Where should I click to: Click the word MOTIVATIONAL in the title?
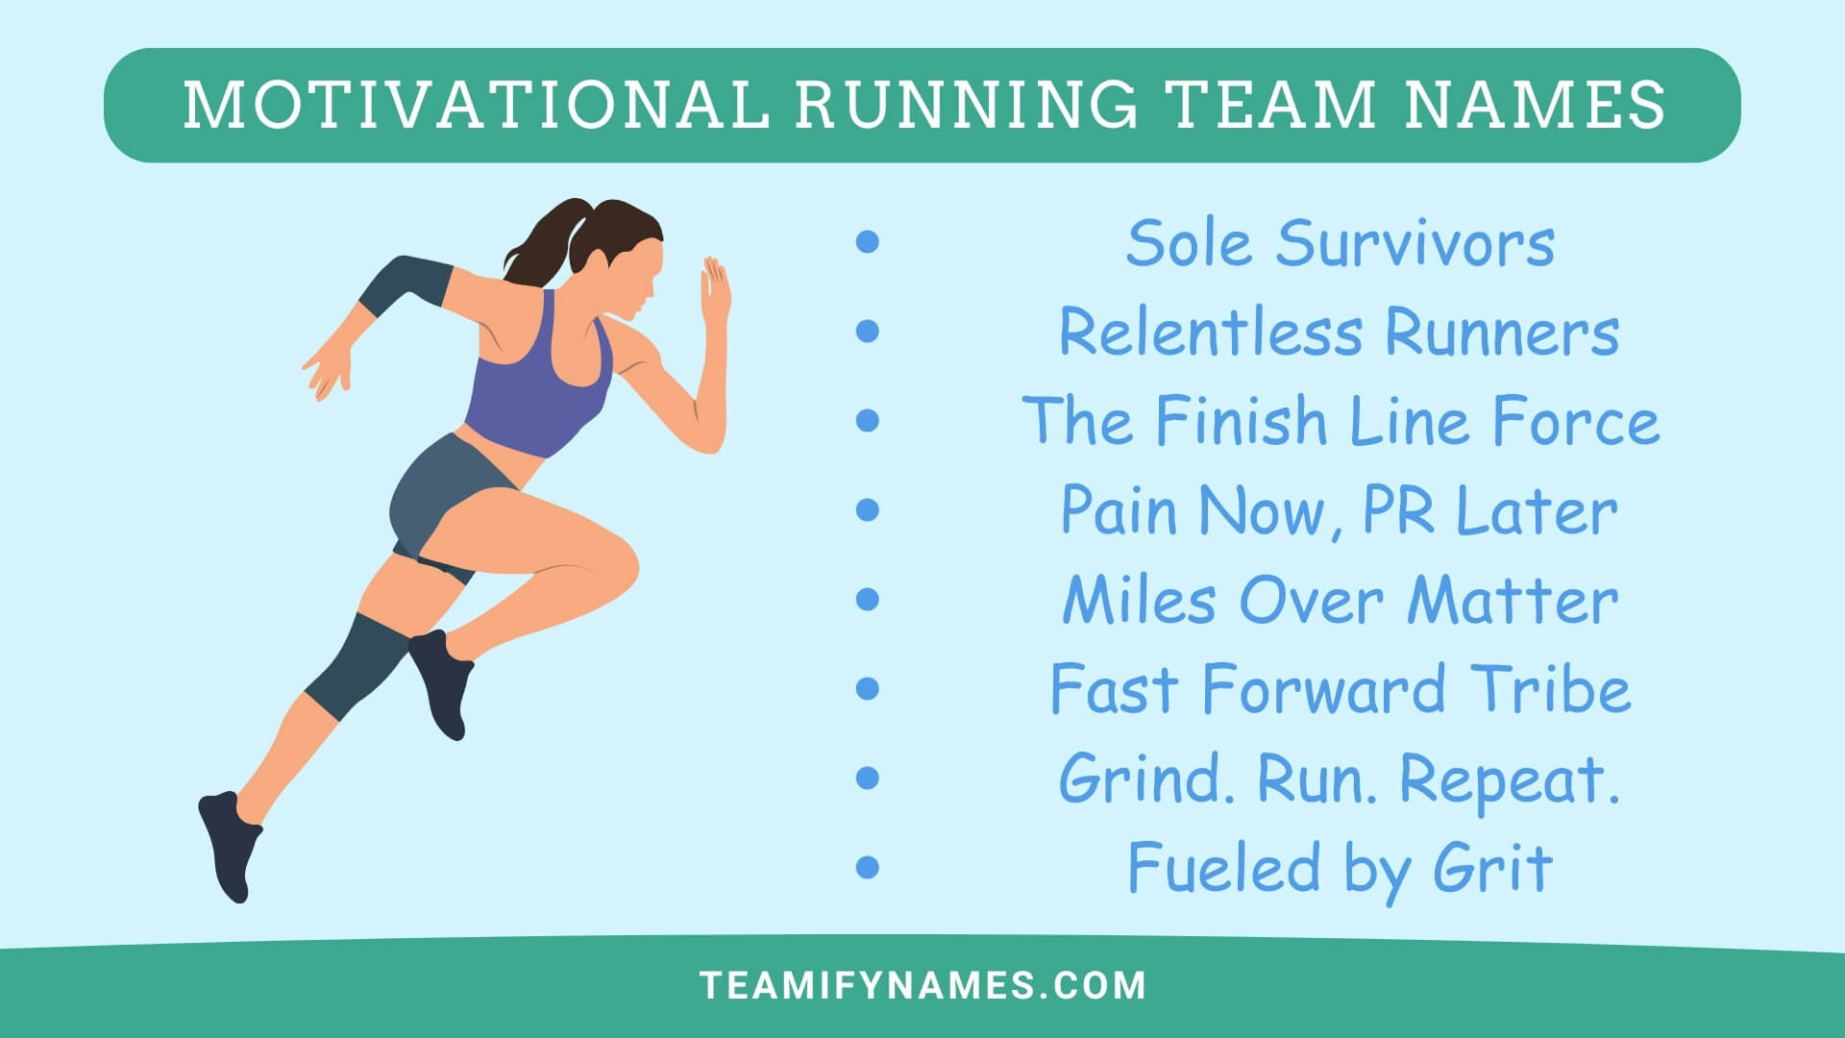click(x=476, y=104)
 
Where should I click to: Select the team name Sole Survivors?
click(x=1340, y=242)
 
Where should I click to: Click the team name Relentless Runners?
click(x=1339, y=332)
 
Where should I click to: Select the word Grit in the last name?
click(x=1492, y=867)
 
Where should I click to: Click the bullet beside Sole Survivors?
click(x=867, y=242)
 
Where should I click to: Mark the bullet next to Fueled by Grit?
click(x=867, y=867)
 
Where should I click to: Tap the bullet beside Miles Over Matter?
click(x=867, y=600)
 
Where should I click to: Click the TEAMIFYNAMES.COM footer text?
click(x=922, y=985)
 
